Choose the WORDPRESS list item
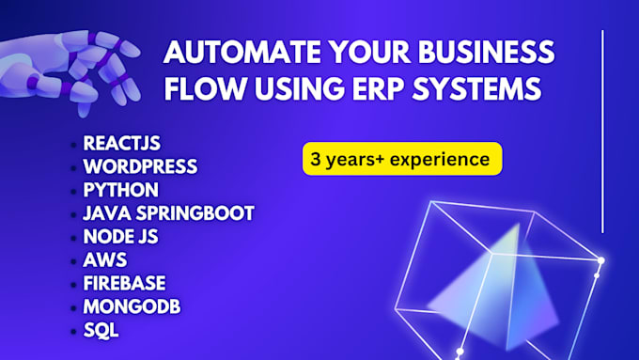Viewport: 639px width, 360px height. click(x=140, y=166)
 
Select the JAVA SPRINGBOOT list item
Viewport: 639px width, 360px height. click(x=168, y=213)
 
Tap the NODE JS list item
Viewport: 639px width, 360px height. click(x=120, y=237)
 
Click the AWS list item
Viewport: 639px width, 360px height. click(x=104, y=260)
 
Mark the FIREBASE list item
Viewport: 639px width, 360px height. click(x=124, y=284)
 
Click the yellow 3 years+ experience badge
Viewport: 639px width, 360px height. click(x=401, y=159)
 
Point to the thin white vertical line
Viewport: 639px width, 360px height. click(x=601, y=132)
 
